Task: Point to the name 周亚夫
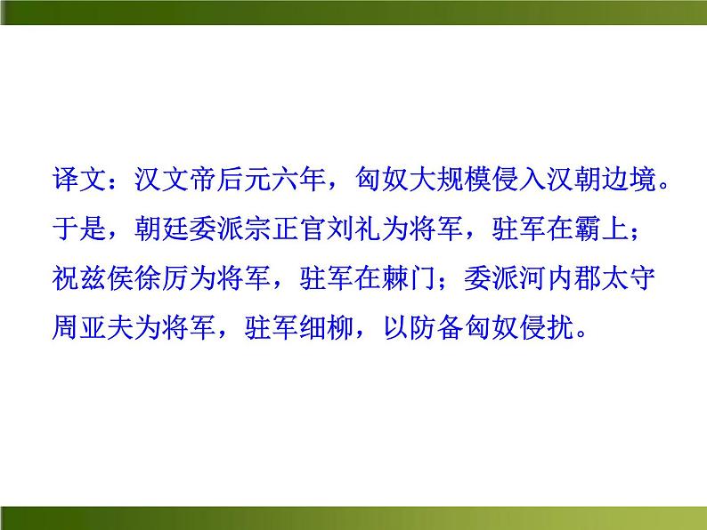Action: [x=95, y=326]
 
